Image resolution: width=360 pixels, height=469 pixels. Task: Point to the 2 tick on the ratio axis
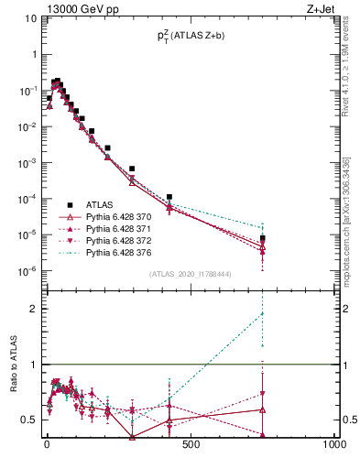33,309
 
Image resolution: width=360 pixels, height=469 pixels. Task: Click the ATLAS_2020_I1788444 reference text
190,274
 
